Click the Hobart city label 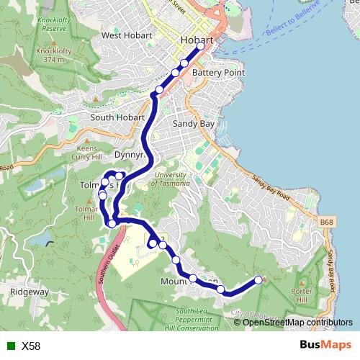(198, 40)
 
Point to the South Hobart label (114, 117)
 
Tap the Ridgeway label (30, 292)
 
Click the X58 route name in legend (32, 346)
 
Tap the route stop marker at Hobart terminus (200, 47)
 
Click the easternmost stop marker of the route (258, 279)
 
